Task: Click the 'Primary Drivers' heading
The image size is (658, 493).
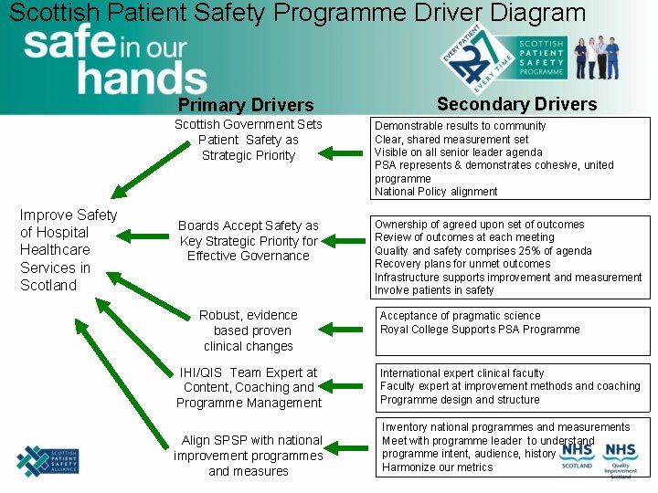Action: pyautogui.click(x=246, y=105)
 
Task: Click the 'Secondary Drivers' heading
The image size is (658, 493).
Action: pyautogui.click(x=516, y=103)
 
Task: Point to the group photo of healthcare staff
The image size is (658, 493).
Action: pyautogui.click(x=610, y=58)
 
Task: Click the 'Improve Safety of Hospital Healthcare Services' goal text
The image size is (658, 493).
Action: pyautogui.click(x=69, y=250)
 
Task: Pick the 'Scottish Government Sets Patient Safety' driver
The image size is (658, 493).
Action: pyautogui.click(x=249, y=140)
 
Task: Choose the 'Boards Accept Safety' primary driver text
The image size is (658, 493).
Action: pyautogui.click(x=249, y=241)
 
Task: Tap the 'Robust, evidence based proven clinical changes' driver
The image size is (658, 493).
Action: pyautogui.click(x=249, y=330)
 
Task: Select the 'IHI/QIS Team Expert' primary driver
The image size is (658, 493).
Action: pyautogui.click(x=249, y=387)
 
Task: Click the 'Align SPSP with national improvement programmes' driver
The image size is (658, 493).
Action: pyautogui.click(x=249, y=456)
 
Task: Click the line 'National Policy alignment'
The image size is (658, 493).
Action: pyautogui.click(x=436, y=192)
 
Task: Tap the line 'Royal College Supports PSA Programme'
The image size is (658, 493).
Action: pyautogui.click(x=480, y=330)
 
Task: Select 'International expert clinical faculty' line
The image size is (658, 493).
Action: pyautogui.click(x=462, y=373)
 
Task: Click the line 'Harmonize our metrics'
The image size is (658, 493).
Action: pyautogui.click(x=437, y=467)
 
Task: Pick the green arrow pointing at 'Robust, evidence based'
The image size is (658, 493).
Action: pyautogui.click(x=345, y=328)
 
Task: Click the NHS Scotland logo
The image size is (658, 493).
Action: pyautogui.click(x=578, y=454)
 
